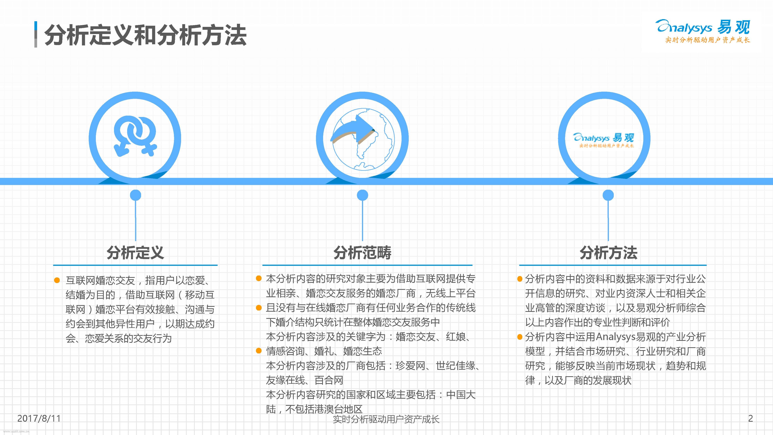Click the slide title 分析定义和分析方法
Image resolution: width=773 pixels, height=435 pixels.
pyautogui.click(x=145, y=35)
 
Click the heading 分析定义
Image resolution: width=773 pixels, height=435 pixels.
pyautogui.click(x=135, y=252)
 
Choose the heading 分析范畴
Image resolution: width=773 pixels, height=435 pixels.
pyautogui.click(x=363, y=252)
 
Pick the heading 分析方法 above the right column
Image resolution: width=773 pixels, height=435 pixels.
pyautogui.click(x=608, y=252)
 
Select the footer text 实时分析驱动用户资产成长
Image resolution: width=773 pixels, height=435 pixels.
pyautogui.click(x=386, y=419)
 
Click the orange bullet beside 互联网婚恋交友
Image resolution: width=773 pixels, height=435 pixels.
pyautogui.click(x=57, y=280)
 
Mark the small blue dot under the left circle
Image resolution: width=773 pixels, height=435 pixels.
pyautogui.click(x=135, y=195)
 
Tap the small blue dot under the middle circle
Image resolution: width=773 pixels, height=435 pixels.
pyautogui.click(x=363, y=195)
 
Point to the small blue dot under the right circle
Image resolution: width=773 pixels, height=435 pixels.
pyautogui.click(x=608, y=195)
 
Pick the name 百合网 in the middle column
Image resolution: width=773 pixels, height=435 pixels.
pyautogui.click(x=329, y=380)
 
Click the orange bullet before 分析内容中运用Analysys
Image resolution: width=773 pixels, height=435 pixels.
pyautogui.click(x=520, y=337)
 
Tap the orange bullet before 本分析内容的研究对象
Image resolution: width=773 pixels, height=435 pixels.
pyautogui.click(x=259, y=278)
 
